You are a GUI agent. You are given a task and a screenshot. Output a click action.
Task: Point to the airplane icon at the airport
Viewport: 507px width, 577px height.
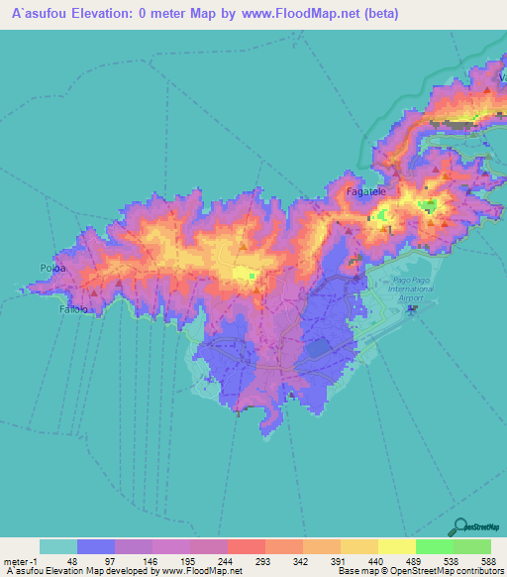tap(412, 309)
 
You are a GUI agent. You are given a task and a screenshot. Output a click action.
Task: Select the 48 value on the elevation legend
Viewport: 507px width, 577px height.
tap(72, 561)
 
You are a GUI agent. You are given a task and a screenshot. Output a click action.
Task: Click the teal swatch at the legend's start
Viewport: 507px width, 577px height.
tap(58, 546)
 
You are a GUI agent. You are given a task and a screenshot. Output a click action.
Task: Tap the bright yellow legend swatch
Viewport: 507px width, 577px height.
tap(396, 546)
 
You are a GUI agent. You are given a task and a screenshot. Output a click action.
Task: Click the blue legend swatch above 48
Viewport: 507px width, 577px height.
tap(96, 546)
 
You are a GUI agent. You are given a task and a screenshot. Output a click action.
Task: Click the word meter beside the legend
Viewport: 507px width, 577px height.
tap(20, 561)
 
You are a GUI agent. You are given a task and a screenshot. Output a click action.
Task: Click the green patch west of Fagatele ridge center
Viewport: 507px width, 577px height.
tap(252, 277)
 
